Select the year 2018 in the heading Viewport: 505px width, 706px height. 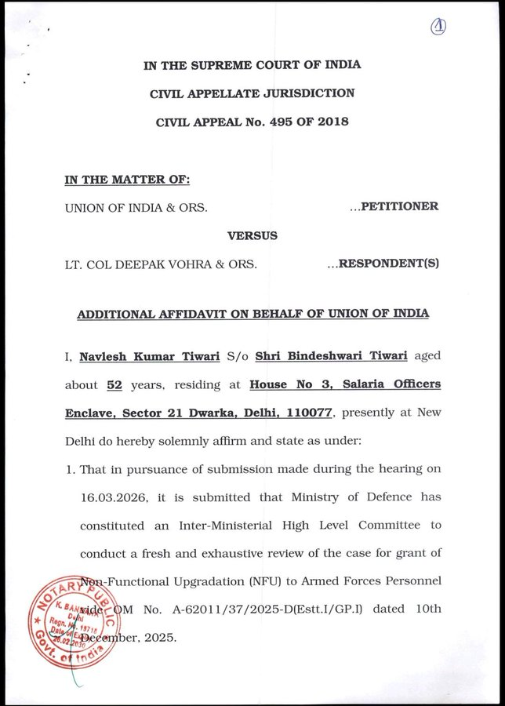point(332,122)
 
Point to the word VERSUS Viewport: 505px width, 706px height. point(252,235)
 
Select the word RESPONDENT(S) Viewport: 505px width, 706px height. point(389,264)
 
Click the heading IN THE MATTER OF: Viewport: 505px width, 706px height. point(127,179)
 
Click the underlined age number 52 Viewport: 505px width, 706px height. point(113,384)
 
